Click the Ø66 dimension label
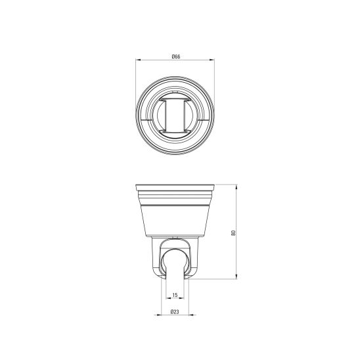coord(176,56)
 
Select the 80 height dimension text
coord(233,233)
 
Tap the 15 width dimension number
coord(175,295)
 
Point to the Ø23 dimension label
coord(175,312)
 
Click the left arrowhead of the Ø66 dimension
coord(138,60)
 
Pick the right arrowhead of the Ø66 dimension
coord(212,60)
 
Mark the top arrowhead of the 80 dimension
coord(236,187)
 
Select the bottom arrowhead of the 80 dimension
coord(236,277)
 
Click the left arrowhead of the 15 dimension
coord(168,298)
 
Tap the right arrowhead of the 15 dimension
coord(182,298)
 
